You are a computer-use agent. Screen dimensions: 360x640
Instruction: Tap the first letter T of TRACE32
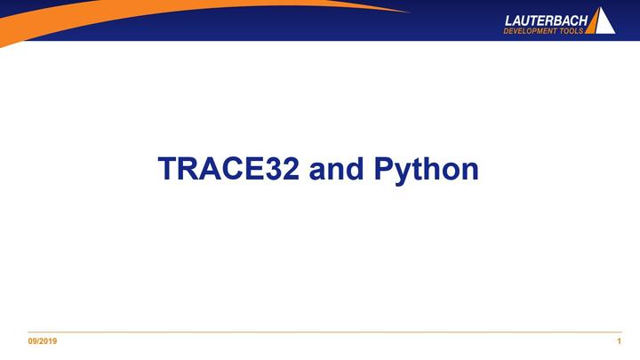pos(166,169)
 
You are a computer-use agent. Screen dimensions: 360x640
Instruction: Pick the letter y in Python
pos(405,172)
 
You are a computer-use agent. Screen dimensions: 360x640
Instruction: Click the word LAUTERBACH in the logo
pos(546,19)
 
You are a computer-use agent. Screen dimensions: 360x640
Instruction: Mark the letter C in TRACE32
pos(234,169)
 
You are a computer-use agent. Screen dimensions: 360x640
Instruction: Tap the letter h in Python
pos(434,169)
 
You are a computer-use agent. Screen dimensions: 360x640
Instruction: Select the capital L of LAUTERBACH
pos(509,19)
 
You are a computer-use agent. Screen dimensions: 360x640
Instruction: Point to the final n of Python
pos(470,171)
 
